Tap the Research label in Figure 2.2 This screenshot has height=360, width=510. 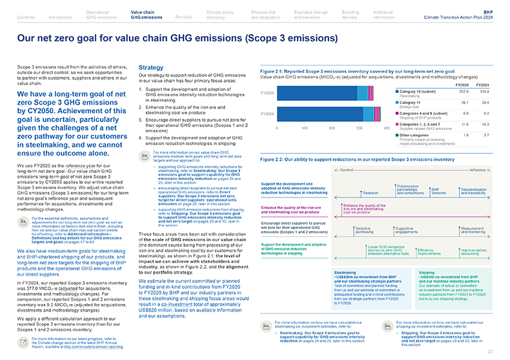(371, 193)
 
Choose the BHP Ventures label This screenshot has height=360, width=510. (439, 190)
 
